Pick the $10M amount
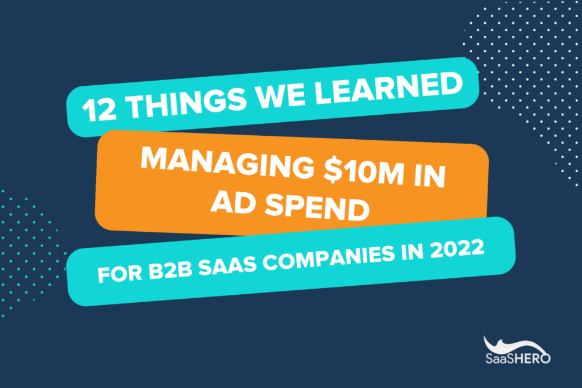click(364, 173)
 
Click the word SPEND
click(317, 209)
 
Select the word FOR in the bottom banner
click(120, 274)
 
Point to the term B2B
click(171, 270)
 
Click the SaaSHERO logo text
click(518, 358)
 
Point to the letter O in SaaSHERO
click(546, 358)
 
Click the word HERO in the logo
click(532, 358)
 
